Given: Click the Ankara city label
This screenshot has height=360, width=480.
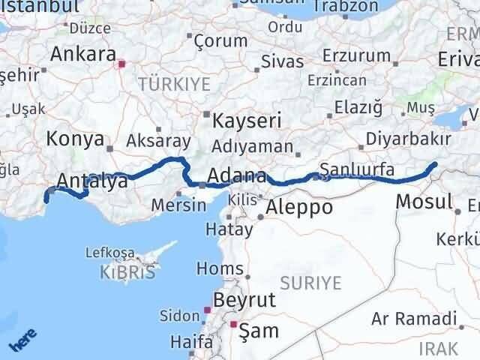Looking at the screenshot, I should (x=82, y=55).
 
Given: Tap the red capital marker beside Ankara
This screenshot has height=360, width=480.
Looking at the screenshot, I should (x=121, y=64).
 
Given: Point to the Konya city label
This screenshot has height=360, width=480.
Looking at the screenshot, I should (x=73, y=139).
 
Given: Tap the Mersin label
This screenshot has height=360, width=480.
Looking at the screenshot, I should (x=178, y=204).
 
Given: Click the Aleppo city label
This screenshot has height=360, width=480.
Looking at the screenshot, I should (x=298, y=208).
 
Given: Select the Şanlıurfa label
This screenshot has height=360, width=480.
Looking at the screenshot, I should (x=356, y=170).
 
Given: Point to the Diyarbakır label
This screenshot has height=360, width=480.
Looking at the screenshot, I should (x=408, y=139).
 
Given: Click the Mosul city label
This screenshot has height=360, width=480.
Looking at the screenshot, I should (x=423, y=201).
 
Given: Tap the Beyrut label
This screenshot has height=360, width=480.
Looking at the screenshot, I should (x=244, y=301).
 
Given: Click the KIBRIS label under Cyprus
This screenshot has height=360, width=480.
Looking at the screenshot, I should (x=127, y=271).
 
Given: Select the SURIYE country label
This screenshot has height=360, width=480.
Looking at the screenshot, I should (x=310, y=283).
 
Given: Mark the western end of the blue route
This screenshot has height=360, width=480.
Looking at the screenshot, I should (x=46, y=199).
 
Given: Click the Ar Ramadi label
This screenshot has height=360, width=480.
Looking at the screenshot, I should (x=413, y=318).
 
